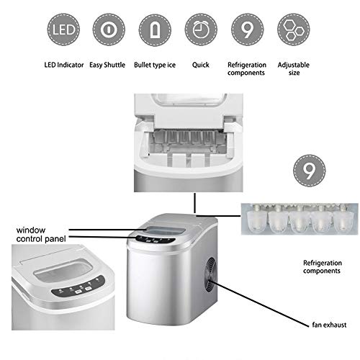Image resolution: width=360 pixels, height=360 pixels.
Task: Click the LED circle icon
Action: coord(62,32)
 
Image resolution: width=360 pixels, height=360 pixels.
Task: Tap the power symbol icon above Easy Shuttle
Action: coord(107,32)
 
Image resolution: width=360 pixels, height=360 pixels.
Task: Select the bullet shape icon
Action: coord(154,32)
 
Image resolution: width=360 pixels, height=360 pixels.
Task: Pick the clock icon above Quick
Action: coord(200,32)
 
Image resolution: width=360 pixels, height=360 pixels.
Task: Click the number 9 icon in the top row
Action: coord(247,32)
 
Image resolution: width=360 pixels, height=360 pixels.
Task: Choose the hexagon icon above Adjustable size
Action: coord(293,32)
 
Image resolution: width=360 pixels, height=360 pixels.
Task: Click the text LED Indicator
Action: coord(61,64)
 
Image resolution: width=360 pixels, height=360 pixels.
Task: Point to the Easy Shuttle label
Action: coord(107,64)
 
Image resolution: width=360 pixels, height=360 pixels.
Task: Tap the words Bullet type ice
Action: coord(154,64)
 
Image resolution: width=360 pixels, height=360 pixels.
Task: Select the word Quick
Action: coord(201,64)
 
